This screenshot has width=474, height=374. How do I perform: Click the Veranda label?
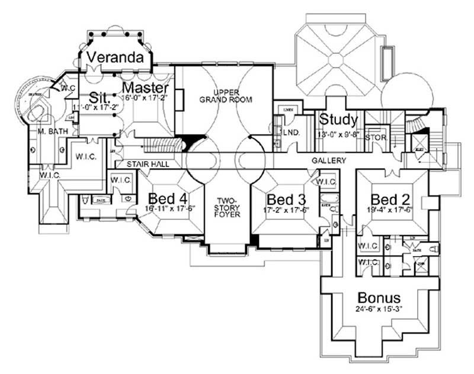point(115,58)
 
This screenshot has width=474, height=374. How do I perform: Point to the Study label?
point(338,120)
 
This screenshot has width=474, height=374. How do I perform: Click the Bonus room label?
point(379,298)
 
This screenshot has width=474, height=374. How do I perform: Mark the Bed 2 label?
point(389,198)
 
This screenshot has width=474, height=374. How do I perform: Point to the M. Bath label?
point(46,131)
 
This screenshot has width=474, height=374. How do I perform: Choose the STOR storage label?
point(376,138)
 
